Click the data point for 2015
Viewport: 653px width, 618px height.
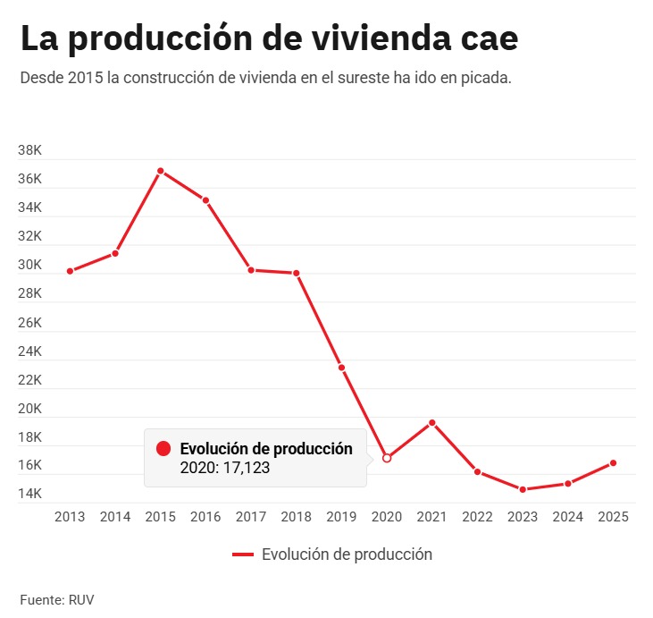point(161,170)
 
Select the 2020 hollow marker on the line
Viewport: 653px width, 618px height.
point(387,458)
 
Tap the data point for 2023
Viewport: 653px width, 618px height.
point(523,489)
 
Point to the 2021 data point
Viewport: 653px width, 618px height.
point(432,422)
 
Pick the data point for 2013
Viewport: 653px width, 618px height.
point(70,271)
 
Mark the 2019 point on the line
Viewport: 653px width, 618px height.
point(341,368)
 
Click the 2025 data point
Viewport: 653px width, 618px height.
point(614,462)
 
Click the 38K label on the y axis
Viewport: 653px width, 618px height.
point(29,150)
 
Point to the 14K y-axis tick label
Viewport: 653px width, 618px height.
point(29,494)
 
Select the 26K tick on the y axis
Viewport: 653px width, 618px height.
point(29,322)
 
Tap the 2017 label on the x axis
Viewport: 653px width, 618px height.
point(251,517)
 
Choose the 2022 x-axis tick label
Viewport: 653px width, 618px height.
point(477,517)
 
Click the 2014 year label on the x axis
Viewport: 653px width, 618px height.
point(115,517)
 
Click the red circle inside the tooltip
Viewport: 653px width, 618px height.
point(163,449)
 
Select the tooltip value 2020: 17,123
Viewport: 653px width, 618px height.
point(225,467)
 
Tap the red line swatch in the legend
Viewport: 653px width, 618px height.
point(243,555)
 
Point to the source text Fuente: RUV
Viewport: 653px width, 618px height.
point(56,598)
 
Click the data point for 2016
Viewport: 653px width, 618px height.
point(205,200)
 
